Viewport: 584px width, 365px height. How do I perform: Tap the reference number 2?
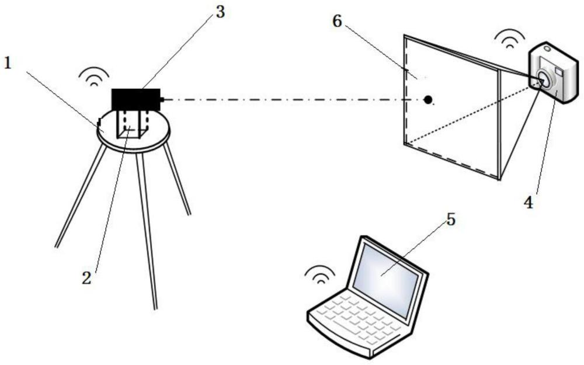(x=86, y=278)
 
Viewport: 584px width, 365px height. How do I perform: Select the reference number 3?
(x=220, y=12)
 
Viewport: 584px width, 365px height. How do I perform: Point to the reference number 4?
(x=527, y=204)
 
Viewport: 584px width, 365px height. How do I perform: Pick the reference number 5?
(x=449, y=220)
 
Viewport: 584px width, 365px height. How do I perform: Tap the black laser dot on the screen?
(x=429, y=100)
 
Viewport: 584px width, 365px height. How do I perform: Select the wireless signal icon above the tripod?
(x=94, y=76)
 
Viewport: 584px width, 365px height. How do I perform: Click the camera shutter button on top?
(x=547, y=48)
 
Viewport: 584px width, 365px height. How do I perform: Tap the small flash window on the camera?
(x=559, y=71)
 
